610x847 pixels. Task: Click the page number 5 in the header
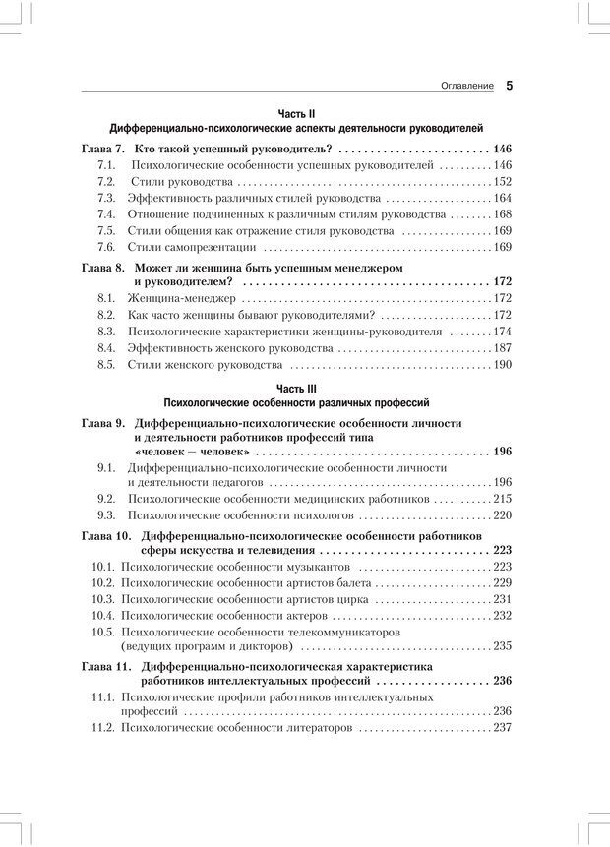coord(510,86)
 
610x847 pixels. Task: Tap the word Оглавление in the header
coord(467,87)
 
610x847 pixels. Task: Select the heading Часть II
coord(296,113)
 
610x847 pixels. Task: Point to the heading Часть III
coord(296,389)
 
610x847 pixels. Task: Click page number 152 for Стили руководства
coord(502,182)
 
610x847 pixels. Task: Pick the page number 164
coord(502,198)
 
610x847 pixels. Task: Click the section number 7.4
coord(107,213)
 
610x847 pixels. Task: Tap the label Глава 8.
coord(101,267)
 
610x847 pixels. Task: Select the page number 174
coord(502,332)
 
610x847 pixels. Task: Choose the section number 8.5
coord(107,365)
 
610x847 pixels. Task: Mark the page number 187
coord(502,348)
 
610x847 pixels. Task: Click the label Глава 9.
coord(101,422)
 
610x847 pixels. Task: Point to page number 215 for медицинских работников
coord(502,499)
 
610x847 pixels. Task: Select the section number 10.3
coord(103,598)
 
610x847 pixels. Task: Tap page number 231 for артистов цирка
coord(502,598)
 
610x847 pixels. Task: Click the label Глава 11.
coord(104,666)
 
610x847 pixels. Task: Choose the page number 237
coord(502,728)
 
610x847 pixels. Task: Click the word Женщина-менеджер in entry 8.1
coord(182,298)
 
